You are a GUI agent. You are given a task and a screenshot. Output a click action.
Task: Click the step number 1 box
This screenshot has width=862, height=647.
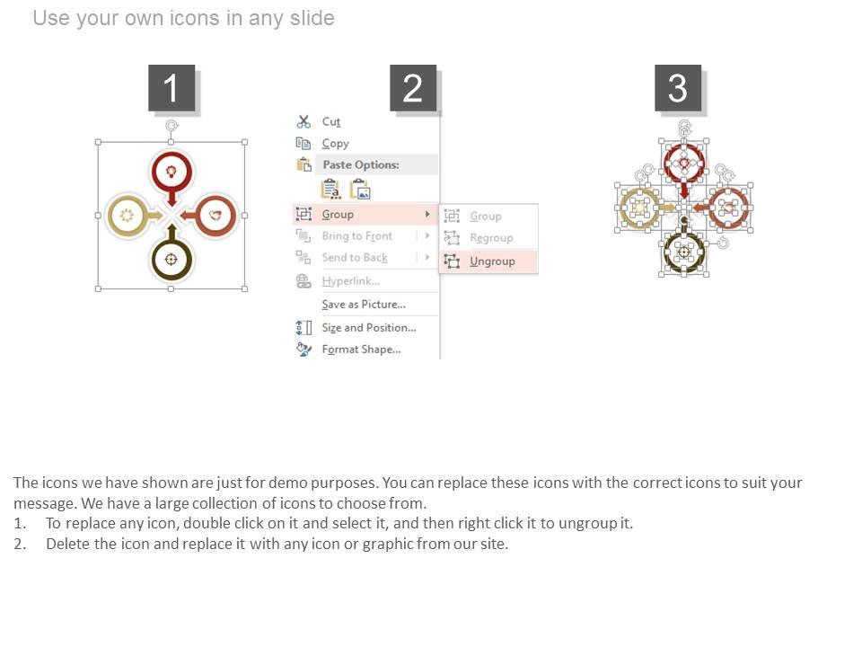[172, 87]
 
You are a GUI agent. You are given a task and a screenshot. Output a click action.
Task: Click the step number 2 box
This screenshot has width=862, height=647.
[413, 87]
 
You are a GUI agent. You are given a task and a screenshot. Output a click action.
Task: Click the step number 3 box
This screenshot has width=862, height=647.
[678, 87]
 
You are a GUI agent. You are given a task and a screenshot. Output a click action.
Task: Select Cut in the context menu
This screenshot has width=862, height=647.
[331, 121]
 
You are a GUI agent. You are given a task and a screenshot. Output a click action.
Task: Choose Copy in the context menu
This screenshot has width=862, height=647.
[335, 144]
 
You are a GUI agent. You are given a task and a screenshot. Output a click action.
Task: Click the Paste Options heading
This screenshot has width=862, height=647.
[361, 164]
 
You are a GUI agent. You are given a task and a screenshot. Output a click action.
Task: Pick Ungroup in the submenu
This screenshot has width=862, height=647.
[492, 261]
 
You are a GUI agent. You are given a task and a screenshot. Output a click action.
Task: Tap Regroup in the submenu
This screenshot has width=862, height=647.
[491, 237]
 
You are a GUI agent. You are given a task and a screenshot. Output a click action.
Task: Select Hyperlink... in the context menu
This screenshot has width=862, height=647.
[351, 281]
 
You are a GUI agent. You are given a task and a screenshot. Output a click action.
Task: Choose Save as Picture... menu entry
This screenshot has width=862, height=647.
[364, 305]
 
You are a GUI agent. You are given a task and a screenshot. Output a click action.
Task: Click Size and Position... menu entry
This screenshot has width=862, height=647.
[369, 327]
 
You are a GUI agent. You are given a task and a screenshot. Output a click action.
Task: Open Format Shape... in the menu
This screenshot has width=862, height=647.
[361, 350]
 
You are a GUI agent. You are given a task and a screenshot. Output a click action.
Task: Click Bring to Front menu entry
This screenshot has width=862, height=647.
[356, 236]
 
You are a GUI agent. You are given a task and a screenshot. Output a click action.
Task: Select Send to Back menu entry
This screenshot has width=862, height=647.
[355, 258]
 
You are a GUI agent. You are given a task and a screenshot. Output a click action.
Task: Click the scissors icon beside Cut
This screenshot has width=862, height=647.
[303, 121]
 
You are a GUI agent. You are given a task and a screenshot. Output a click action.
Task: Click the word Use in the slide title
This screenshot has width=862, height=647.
[51, 18]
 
